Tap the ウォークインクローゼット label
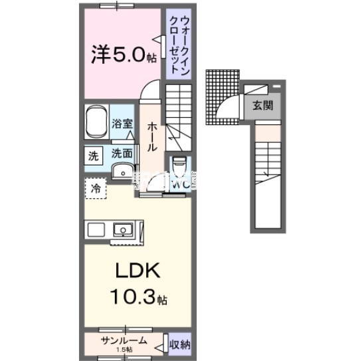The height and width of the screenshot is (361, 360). point(178,43)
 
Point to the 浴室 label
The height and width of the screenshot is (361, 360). point(122,124)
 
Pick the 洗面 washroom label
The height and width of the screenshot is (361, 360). point(122,153)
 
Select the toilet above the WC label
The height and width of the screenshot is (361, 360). point(179,164)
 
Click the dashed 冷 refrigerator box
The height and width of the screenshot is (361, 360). point(96,188)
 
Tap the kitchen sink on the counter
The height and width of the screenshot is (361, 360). point(122,230)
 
